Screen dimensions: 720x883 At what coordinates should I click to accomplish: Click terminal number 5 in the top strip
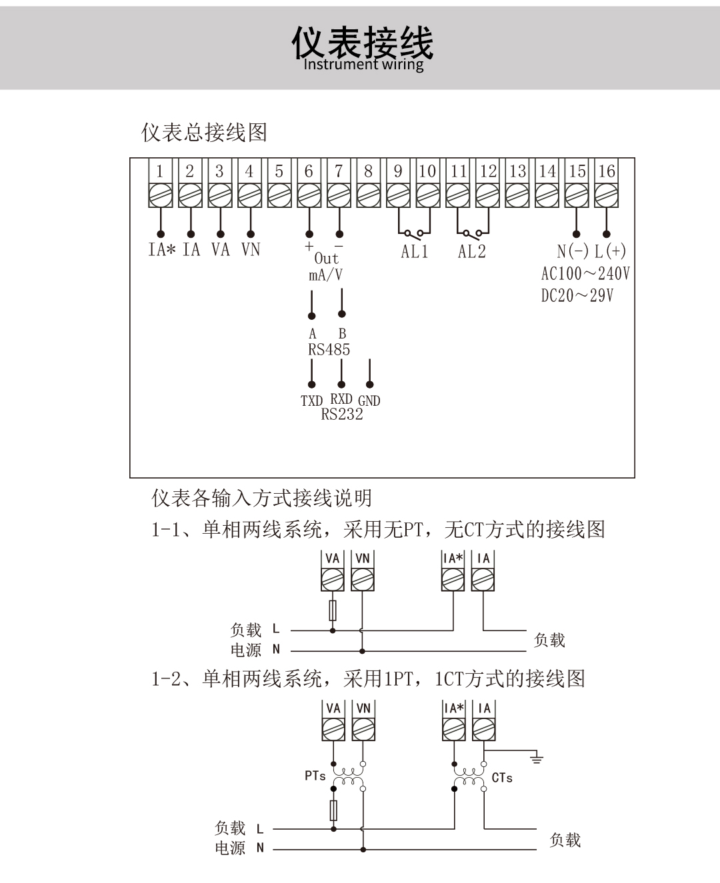[x=279, y=171]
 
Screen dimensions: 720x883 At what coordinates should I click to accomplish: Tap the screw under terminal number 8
[x=369, y=195]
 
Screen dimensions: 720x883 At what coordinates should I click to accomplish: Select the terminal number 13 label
[x=517, y=171]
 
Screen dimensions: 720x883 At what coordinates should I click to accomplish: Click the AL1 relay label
[x=414, y=251]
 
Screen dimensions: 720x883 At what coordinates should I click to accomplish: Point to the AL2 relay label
[x=471, y=251]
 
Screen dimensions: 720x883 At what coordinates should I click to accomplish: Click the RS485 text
[x=329, y=349]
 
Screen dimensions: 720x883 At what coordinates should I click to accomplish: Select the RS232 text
[x=342, y=414]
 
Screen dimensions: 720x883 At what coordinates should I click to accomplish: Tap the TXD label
[x=311, y=401]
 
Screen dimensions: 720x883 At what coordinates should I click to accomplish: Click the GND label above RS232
[x=369, y=401]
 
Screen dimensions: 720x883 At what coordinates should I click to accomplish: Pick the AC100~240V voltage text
[x=585, y=274]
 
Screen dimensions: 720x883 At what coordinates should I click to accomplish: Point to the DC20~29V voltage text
[x=577, y=296]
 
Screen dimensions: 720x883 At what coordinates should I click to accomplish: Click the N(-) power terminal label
[x=573, y=251]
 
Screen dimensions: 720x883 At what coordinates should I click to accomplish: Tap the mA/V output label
[x=325, y=275]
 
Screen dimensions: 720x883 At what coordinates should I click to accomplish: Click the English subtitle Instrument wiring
[x=364, y=65]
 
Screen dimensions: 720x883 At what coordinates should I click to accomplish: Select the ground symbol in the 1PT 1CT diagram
[x=537, y=758]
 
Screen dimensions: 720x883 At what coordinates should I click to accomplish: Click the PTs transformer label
[x=315, y=776]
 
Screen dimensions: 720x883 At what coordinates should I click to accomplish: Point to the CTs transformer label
[x=502, y=778]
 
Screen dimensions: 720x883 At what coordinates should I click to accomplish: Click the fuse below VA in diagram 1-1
[x=333, y=610]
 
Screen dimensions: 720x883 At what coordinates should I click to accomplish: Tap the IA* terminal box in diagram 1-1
[x=453, y=570]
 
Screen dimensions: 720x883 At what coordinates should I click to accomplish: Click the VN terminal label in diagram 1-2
[x=364, y=708]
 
